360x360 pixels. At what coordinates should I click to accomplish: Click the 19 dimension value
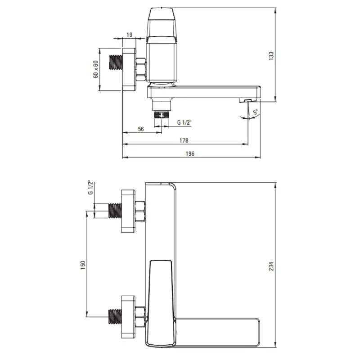pos(130,35)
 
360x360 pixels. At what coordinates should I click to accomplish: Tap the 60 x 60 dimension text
pos(96,69)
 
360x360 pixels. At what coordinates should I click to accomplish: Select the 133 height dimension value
pos(271,56)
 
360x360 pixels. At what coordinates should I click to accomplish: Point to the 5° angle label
pos(255,112)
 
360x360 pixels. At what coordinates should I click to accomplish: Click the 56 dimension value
pos(141,129)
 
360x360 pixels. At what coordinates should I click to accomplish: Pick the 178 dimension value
pos(184,140)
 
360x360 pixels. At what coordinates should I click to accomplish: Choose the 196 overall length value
pos(190,153)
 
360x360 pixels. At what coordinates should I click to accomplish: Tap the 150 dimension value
pos(83,265)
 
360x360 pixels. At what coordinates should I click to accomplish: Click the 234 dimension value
pos(271,266)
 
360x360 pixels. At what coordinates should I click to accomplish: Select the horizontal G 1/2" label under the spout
pos(184,122)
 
